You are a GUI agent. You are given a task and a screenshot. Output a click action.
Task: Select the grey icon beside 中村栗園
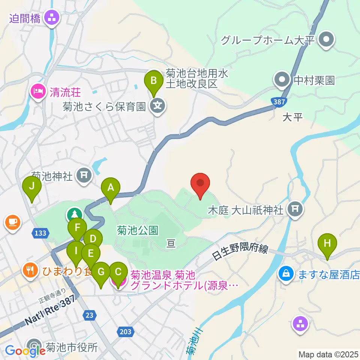282,80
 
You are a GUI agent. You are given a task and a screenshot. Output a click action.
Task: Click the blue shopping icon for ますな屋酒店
286,273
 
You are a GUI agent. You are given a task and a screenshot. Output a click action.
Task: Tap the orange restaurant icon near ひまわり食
29,269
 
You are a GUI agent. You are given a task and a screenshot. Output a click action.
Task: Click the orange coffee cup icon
12,222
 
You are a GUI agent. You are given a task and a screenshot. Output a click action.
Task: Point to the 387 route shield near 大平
278,101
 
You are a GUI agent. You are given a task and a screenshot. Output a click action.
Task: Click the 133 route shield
40,233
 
